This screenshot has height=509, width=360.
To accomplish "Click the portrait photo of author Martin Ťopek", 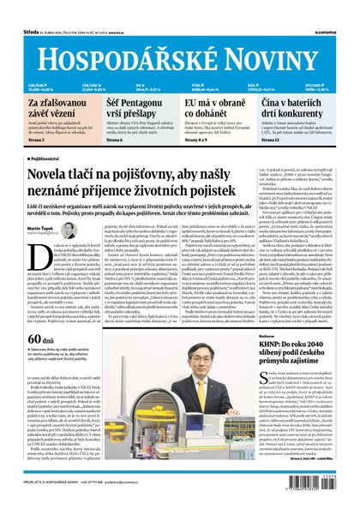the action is (69, 231).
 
